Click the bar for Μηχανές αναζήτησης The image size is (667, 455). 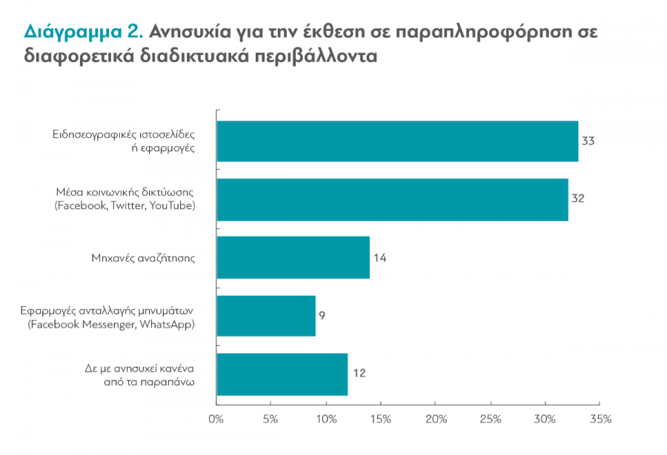pos(293,258)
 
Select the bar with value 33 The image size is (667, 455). pos(396,141)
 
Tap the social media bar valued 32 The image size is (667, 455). pos(392,199)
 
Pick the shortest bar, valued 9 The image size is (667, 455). pos(265,316)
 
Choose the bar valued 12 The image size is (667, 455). pos(282,374)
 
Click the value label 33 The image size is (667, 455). pos(589,141)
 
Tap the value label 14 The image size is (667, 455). pos(379,258)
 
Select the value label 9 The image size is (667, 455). pos(322,316)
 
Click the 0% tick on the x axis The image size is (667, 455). pos(216,419)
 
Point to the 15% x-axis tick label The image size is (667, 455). pos(380,419)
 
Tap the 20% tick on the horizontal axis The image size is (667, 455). pos(436,419)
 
